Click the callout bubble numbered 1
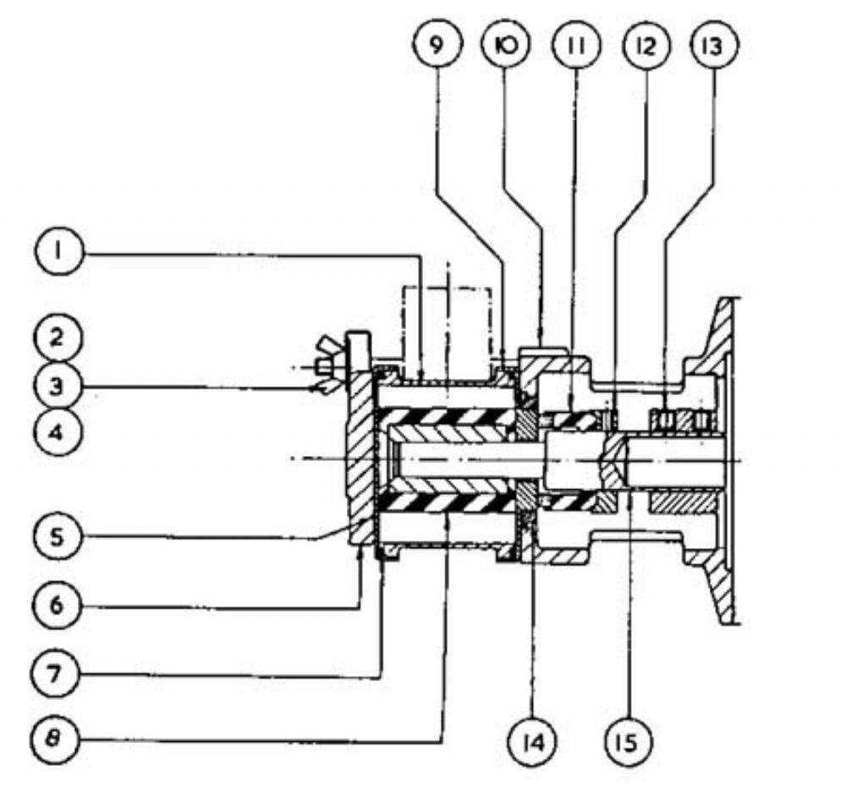(x=60, y=252)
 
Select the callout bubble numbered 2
(x=58, y=338)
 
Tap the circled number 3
(x=58, y=387)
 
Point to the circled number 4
(x=58, y=432)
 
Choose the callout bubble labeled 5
(x=58, y=536)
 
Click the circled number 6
(x=58, y=605)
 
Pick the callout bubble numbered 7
(x=56, y=674)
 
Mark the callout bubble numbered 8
(x=54, y=740)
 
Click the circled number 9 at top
(x=437, y=45)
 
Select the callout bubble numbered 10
(x=506, y=45)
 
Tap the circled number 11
(x=576, y=46)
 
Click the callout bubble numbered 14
(x=533, y=742)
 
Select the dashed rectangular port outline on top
(x=448, y=325)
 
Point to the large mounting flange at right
(x=717, y=461)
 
